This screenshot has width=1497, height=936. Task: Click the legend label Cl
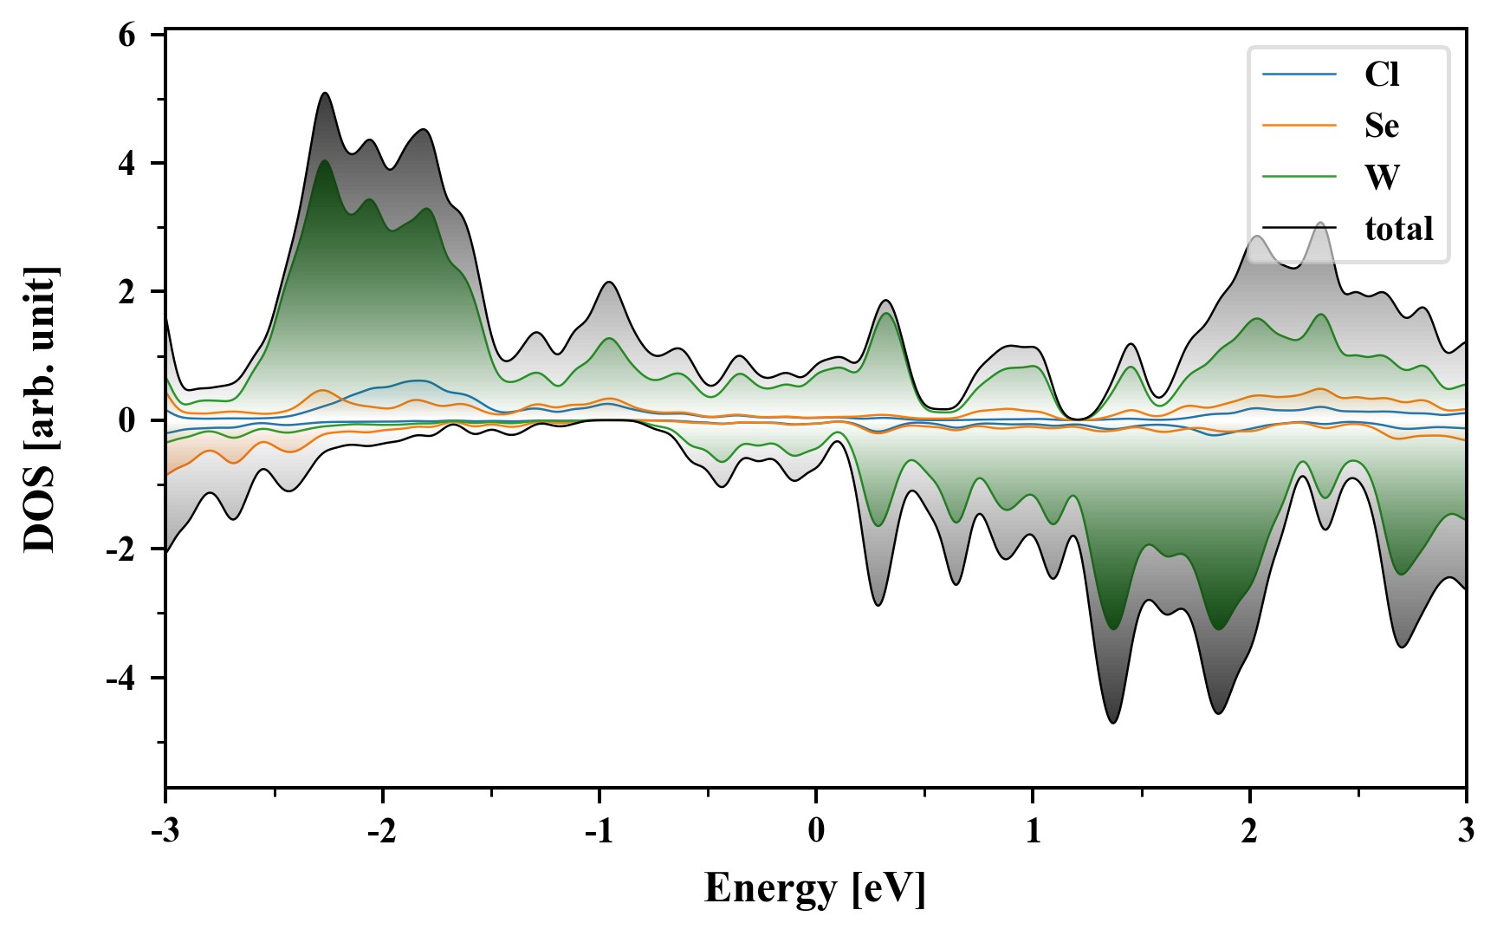point(1381,75)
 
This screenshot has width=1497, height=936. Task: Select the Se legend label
point(1381,126)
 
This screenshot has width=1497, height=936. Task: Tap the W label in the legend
point(1381,177)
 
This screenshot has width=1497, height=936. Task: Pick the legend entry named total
point(1398,229)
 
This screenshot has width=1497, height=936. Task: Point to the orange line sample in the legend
point(1299,126)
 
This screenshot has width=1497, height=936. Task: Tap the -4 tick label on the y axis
point(121,678)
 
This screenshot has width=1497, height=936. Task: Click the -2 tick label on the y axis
point(121,549)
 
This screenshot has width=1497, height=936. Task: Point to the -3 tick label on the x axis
point(165,831)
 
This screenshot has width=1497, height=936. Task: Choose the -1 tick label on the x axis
point(598,831)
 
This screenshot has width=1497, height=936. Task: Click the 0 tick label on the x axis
point(816,831)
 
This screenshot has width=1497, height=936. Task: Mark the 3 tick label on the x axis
point(1466,831)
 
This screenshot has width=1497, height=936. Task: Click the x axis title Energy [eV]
point(815,888)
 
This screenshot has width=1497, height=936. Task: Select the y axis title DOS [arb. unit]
point(40,410)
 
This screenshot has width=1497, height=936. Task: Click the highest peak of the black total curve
point(325,93)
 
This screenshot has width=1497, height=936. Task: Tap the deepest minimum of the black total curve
point(1113,722)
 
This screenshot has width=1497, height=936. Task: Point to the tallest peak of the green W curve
point(324,161)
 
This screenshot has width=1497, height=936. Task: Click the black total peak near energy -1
point(610,282)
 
